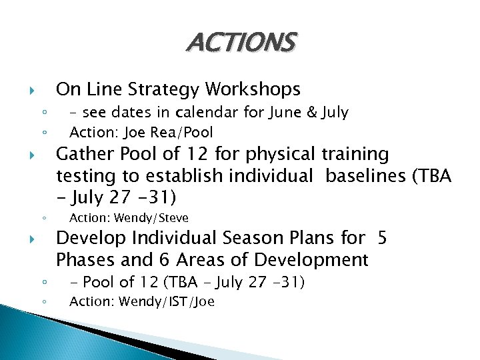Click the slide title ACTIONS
240,43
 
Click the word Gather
83,154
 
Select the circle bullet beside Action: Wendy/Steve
43,218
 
